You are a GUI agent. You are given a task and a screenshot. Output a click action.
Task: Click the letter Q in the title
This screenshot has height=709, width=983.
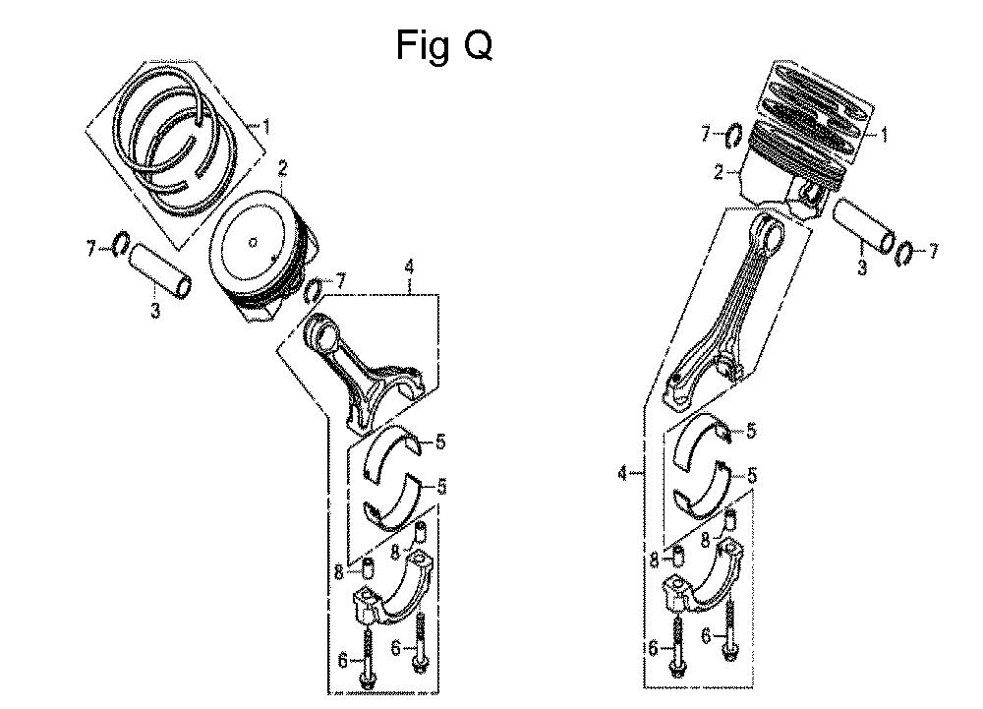click(x=472, y=44)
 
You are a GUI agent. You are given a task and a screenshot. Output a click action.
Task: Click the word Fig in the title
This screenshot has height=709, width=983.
click(x=421, y=45)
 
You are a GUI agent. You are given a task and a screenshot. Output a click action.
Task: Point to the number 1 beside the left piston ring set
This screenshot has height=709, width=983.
click(x=264, y=126)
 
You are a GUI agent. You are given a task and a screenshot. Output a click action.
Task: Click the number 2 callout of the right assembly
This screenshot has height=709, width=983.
click(x=719, y=173)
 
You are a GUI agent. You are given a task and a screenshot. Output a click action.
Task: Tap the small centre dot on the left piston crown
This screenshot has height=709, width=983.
click(x=254, y=242)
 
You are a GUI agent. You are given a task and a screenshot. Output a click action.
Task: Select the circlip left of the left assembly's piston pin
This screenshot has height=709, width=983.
click(x=121, y=244)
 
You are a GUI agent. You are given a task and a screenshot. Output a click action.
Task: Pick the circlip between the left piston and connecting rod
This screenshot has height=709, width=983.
click(x=316, y=291)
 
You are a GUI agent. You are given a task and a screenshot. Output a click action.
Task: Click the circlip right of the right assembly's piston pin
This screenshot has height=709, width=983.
click(x=908, y=253)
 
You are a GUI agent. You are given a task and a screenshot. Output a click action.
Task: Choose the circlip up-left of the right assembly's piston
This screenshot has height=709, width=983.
click(x=734, y=135)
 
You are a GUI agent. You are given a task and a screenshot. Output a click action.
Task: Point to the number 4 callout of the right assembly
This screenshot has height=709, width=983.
click(x=622, y=475)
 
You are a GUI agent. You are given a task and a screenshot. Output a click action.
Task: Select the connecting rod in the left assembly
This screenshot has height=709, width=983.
click(x=359, y=368)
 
